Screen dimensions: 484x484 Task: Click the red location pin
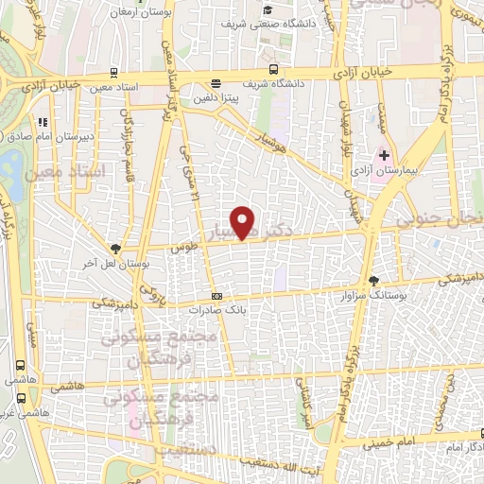click(244, 221)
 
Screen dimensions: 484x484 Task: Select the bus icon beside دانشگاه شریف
click(273, 69)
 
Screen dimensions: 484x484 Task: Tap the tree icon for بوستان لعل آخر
click(115, 249)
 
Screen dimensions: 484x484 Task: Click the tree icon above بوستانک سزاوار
click(373, 281)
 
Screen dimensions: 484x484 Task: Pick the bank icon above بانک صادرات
click(216, 294)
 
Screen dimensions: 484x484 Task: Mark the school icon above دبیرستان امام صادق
click(43, 122)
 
